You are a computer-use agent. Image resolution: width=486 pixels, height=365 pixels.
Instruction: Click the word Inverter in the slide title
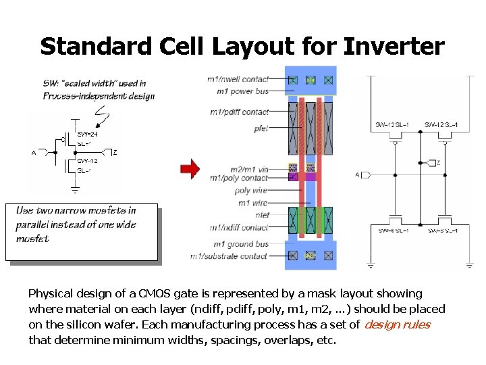click(394, 47)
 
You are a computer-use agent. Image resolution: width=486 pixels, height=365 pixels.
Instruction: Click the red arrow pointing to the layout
click(191, 169)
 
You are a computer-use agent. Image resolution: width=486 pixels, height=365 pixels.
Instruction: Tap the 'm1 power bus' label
click(242, 91)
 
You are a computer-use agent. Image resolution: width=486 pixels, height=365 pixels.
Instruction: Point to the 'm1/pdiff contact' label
click(239, 112)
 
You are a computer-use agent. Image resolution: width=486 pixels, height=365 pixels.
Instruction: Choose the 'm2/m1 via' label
click(248, 168)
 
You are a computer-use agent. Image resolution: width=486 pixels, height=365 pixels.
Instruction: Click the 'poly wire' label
click(251, 191)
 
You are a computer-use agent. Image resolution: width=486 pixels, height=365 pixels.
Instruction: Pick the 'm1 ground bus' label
click(241, 244)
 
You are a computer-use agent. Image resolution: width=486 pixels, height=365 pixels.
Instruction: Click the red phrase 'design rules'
click(397, 324)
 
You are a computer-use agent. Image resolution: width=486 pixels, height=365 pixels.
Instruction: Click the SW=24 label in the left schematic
click(86, 135)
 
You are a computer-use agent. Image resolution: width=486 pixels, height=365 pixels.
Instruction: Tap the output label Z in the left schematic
click(115, 153)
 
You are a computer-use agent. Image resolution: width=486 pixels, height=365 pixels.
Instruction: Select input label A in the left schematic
click(34, 153)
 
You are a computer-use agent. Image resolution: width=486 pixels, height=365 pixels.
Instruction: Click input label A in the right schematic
click(358, 175)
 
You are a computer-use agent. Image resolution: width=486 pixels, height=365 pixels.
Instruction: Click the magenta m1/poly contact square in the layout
click(293, 176)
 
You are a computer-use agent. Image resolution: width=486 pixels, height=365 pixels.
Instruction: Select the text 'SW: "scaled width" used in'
click(94, 84)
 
